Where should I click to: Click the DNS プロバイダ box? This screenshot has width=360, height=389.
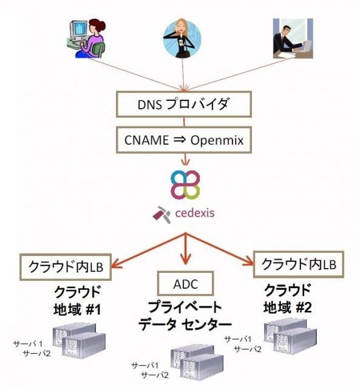tap(184, 104)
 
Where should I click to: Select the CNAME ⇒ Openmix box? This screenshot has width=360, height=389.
tap(184, 140)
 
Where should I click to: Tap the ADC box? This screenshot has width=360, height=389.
tap(186, 283)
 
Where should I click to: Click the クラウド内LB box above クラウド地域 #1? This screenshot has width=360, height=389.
tap(66, 267)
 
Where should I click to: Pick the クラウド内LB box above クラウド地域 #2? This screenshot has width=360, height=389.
tap(299, 264)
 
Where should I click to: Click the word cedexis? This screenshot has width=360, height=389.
tap(195, 213)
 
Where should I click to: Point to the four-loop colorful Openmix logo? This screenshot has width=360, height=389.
tap(185, 184)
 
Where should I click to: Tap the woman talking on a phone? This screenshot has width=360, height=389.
tap(182, 39)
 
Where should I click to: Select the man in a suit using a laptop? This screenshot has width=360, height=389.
tap(293, 38)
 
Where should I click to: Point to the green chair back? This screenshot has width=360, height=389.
tap(99, 49)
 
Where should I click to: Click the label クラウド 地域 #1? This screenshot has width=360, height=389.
tap(77, 300)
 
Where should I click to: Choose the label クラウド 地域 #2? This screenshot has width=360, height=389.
tap(287, 298)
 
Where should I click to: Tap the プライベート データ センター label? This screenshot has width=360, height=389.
tap(185, 316)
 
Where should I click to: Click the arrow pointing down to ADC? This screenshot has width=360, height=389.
tap(186, 249)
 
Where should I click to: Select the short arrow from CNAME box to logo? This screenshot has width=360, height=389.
tap(185, 159)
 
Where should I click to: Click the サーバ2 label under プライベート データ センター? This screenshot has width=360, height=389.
tap(155, 375)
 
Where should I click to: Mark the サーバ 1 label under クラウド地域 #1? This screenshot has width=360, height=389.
tap(28, 343)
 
